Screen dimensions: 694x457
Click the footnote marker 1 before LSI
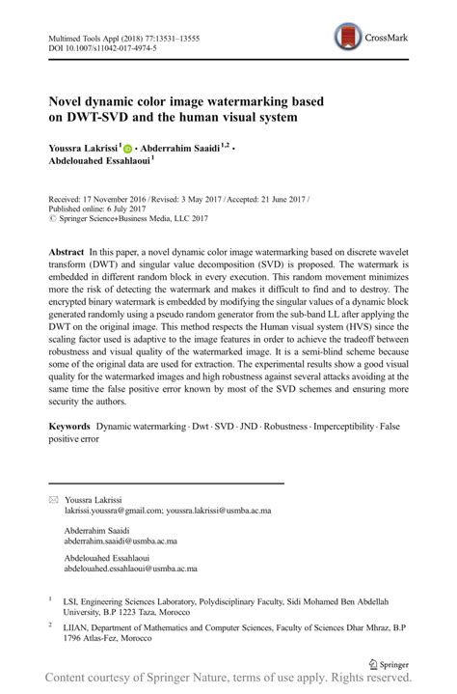click(50, 599)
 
